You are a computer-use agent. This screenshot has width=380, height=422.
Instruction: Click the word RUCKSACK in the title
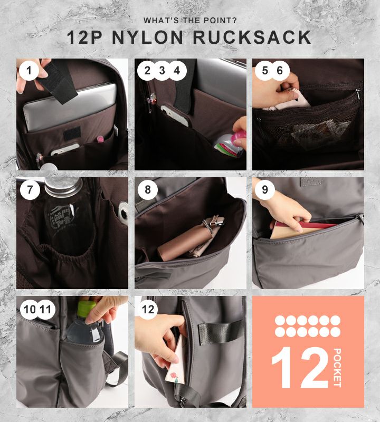tap(252, 37)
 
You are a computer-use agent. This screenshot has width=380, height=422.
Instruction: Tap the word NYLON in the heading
tap(148, 37)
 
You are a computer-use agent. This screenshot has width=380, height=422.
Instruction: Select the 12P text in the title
tap(84, 37)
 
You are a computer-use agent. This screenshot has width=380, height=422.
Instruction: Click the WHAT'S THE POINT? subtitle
tap(190, 20)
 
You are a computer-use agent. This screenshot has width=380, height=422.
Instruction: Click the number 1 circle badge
tap(29, 71)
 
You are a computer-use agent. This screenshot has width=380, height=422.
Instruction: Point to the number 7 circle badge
tap(30, 190)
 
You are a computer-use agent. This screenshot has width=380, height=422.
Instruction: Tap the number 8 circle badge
tap(148, 190)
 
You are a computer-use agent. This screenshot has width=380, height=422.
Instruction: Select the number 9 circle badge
tap(265, 190)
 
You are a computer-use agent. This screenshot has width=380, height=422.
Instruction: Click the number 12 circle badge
tap(148, 310)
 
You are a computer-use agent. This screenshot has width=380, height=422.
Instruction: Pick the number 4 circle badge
tap(177, 71)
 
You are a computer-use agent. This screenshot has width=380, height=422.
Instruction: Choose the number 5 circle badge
tap(265, 71)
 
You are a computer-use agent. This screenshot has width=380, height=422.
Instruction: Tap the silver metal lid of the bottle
tap(63, 186)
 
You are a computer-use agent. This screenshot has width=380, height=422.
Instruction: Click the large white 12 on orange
tap(300, 368)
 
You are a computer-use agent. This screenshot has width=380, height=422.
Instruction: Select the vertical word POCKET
tap(337, 368)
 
